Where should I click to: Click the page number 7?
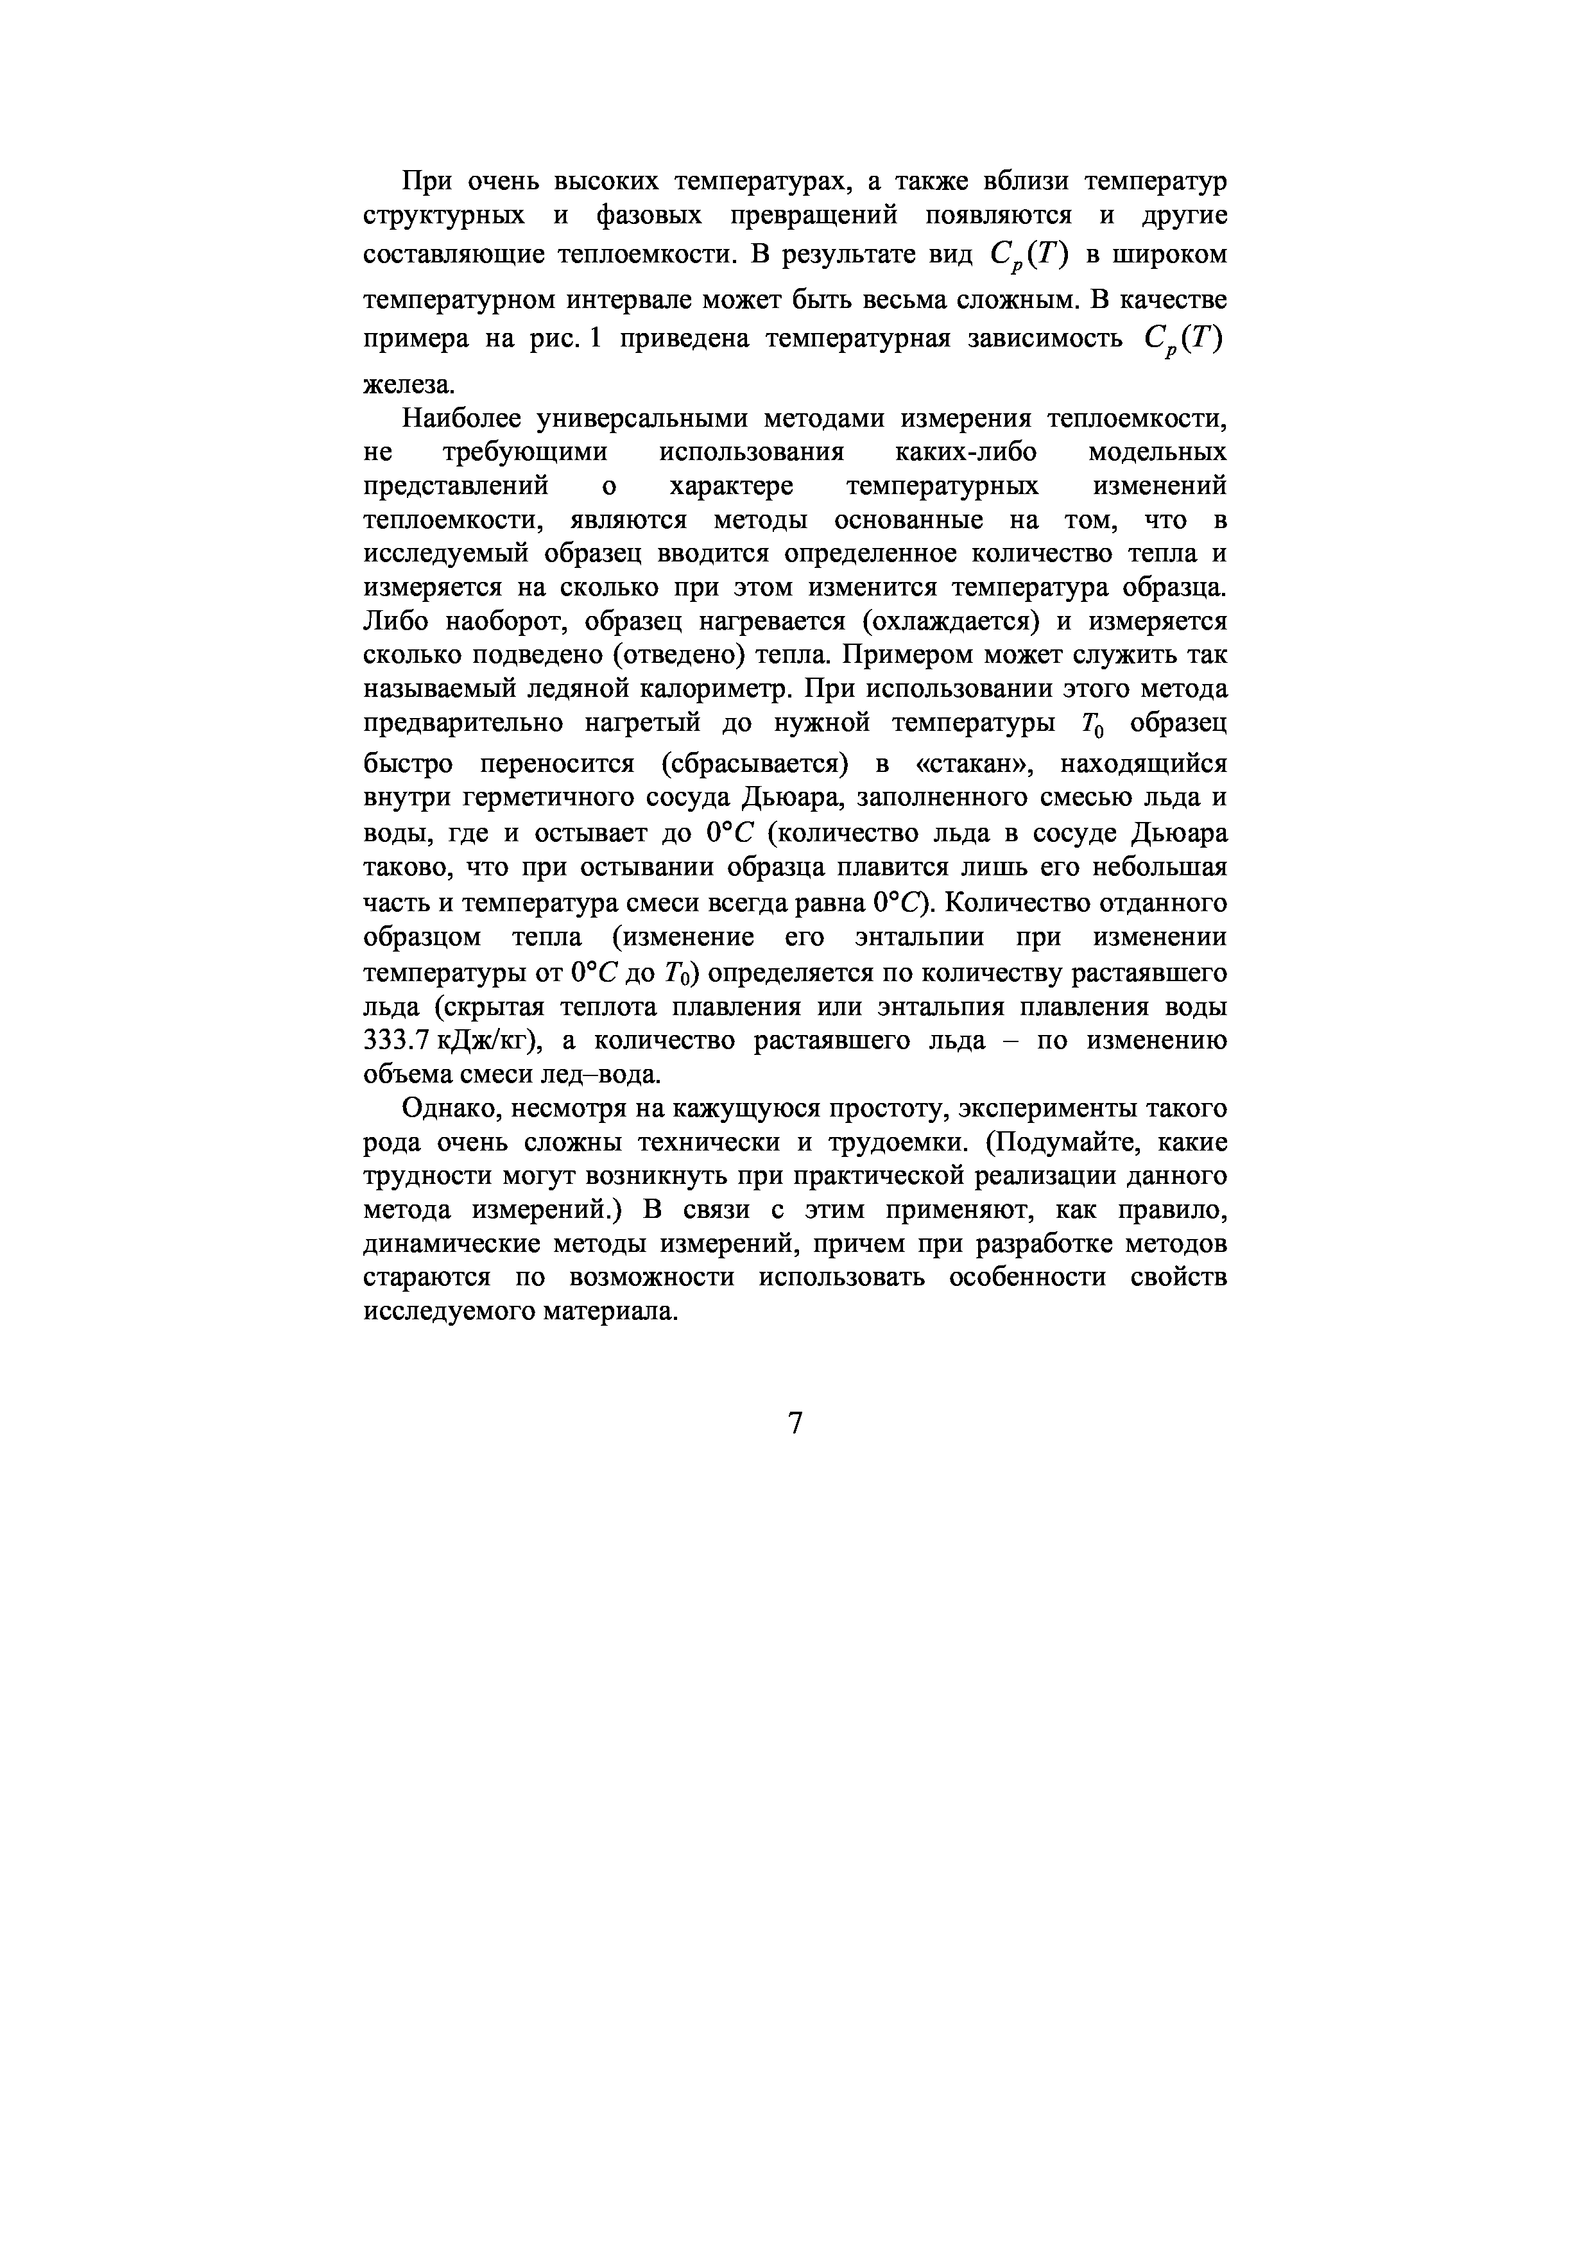click(x=795, y=1423)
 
